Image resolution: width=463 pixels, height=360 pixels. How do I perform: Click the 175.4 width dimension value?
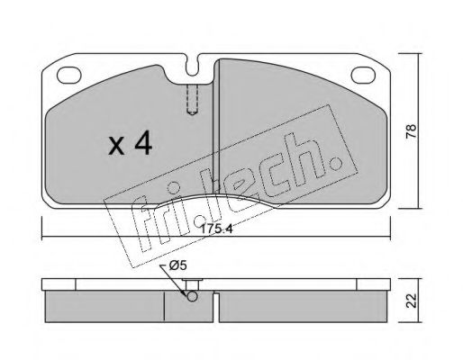click(x=216, y=229)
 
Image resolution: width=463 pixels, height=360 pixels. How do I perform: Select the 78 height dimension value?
click(x=412, y=130)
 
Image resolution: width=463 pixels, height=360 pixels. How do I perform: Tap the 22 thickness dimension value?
click(x=412, y=301)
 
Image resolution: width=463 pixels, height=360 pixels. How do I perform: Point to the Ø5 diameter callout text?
click(x=178, y=265)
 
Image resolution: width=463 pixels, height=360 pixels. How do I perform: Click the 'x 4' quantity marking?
click(x=131, y=144)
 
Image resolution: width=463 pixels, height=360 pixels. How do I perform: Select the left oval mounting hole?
click(x=69, y=75)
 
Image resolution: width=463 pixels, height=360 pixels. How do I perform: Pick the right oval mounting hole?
click(x=363, y=75)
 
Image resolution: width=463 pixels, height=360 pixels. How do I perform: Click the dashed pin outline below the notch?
click(x=192, y=100)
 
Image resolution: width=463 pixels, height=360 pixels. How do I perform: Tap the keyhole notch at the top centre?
click(x=192, y=66)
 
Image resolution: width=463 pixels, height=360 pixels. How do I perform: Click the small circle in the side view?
click(x=192, y=296)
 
